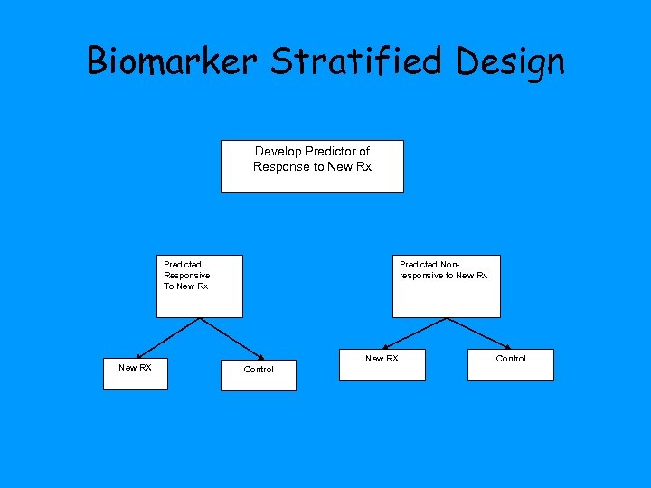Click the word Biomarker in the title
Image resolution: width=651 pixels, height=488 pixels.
pyautogui.click(x=172, y=61)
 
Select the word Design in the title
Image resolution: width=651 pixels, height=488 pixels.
pyautogui.click(x=511, y=61)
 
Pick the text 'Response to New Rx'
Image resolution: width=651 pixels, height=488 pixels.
pyautogui.click(x=312, y=166)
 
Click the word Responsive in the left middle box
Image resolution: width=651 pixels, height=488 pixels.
pyautogui.click(x=186, y=275)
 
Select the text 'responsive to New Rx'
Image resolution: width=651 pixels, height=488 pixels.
pyautogui.click(x=443, y=275)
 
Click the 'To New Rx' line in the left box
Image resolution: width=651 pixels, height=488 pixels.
pyautogui.click(x=185, y=286)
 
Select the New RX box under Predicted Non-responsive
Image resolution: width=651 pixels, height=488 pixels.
pyautogui.click(x=382, y=365)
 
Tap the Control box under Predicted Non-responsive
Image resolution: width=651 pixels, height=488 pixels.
pyautogui.click(x=511, y=365)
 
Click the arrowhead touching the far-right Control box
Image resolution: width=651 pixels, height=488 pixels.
pyautogui.click(x=511, y=347)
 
